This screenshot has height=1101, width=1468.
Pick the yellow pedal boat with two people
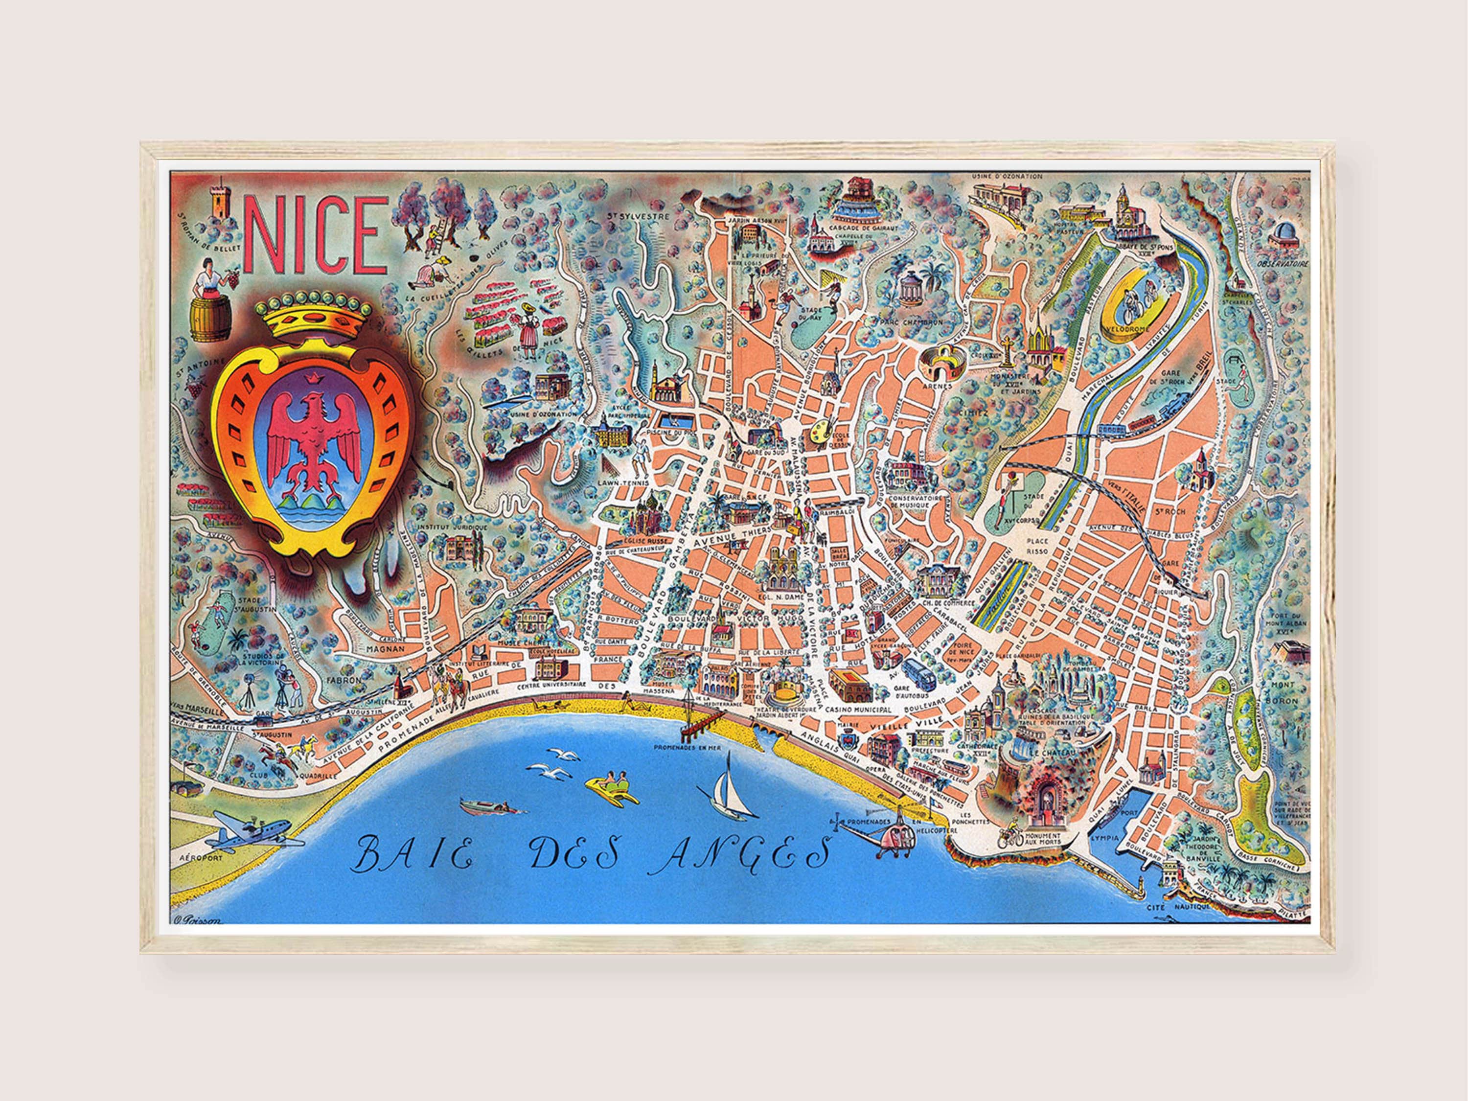[x=611, y=788]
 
